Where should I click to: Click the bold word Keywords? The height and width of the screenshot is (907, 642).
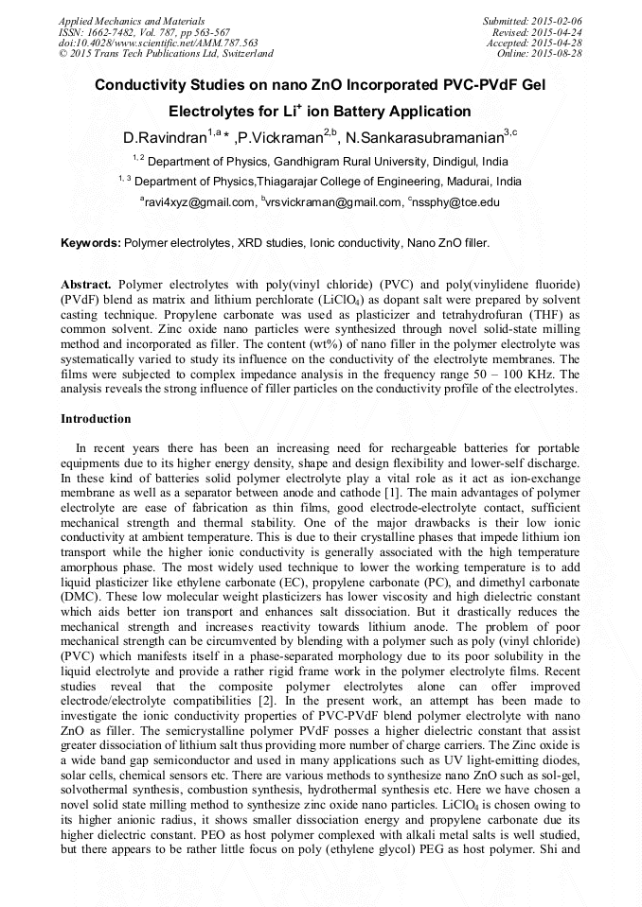coord(91,243)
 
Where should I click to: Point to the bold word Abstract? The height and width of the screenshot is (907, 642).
coord(86,284)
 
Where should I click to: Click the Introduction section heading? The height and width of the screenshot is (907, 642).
coord(96,418)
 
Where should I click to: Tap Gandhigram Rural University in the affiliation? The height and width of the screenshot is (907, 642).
coord(356,162)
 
